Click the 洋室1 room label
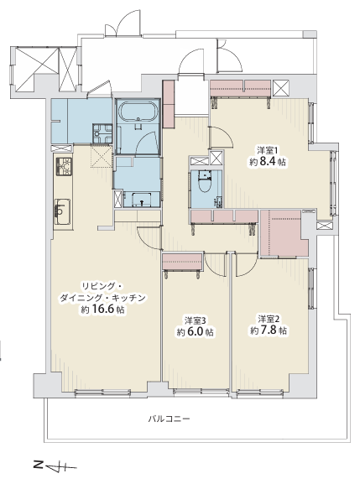click(x=268, y=151)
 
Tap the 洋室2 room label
click(x=269, y=319)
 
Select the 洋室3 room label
click(x=195, y=320)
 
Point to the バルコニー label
click(x=169, y=419)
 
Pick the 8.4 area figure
click(x=268, y=162)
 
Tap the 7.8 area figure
click(x=269, y=330)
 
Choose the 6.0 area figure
click(x=195, y=332)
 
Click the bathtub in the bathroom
click(x=138, y=112)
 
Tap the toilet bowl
click(x=205, y=184)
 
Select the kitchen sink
click(x=63, y=211)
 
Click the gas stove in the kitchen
click(x=64, y=166)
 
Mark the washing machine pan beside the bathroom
click(x=102, y=133)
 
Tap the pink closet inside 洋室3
click(x=182, y=262)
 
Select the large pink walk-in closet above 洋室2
click(x=284, y=233)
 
